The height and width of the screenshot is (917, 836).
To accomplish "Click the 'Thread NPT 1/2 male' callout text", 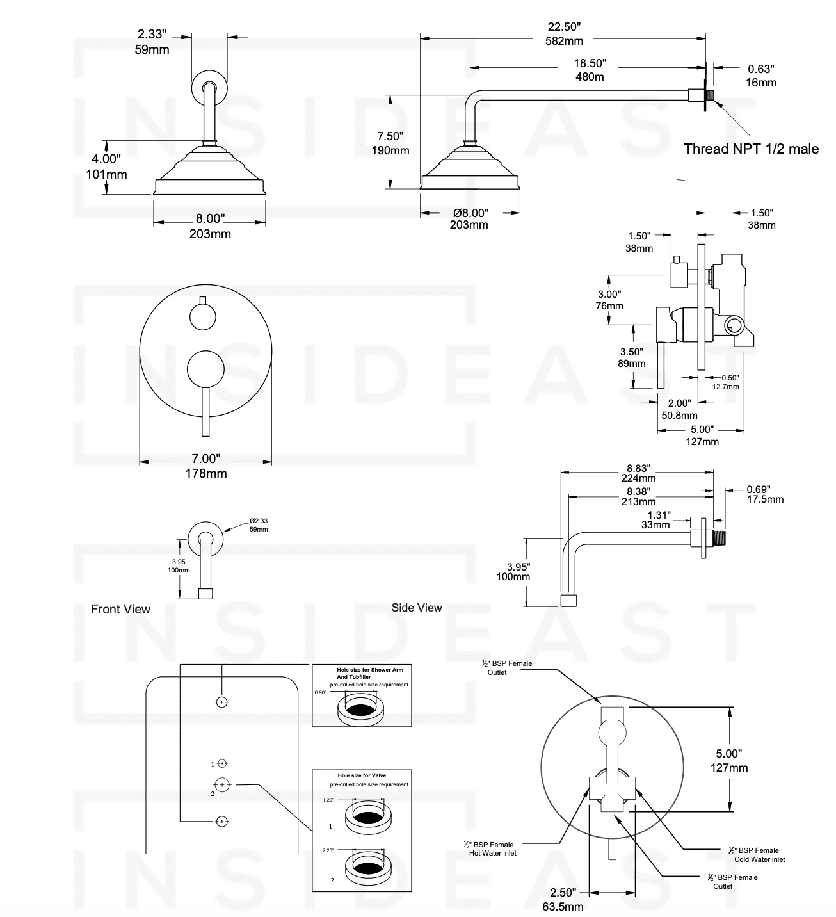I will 751,149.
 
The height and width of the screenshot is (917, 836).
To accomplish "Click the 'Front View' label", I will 120,609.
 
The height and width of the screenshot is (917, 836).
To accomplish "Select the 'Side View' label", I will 416,608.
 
